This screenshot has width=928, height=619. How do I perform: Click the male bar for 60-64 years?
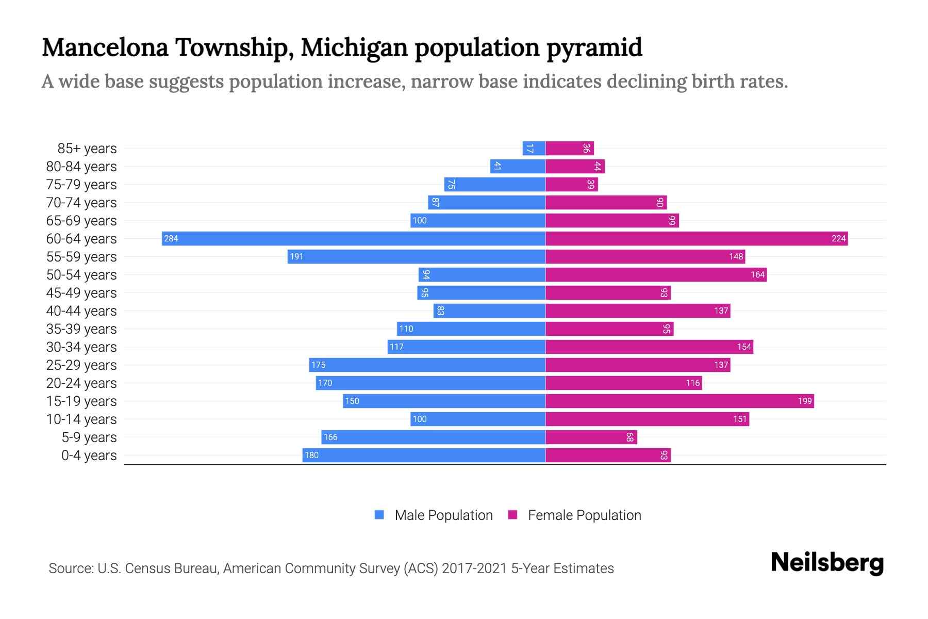coord(354,238)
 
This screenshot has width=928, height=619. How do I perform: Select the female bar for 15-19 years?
coord(680,401)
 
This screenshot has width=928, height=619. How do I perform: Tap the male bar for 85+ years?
coord(534,149)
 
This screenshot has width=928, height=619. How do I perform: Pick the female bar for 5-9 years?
coord(591,437)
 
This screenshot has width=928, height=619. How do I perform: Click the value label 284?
coord(171,239)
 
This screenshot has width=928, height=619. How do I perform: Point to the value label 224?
coord(838,239)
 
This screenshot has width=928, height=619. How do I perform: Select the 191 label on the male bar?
coord(296,257)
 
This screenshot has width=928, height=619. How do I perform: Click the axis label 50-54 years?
coord(81,275)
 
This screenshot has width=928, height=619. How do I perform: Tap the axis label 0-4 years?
coord(89,455)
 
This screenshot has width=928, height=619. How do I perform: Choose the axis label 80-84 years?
coord(81,167)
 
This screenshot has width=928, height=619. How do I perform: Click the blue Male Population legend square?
coord(379,515)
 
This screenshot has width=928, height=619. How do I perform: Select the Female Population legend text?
coord(584,515)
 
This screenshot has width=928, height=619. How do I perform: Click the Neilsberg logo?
coord(827,563)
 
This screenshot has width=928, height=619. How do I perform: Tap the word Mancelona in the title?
coord(105,47)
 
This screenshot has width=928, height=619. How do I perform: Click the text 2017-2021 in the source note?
coord(474,568)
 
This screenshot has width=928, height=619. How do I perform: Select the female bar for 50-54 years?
coord(656,275)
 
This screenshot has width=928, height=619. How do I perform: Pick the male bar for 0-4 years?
coord(424,455)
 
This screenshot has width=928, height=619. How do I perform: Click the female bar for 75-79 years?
coord(571,185)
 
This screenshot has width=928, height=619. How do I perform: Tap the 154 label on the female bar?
coord(744,347)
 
